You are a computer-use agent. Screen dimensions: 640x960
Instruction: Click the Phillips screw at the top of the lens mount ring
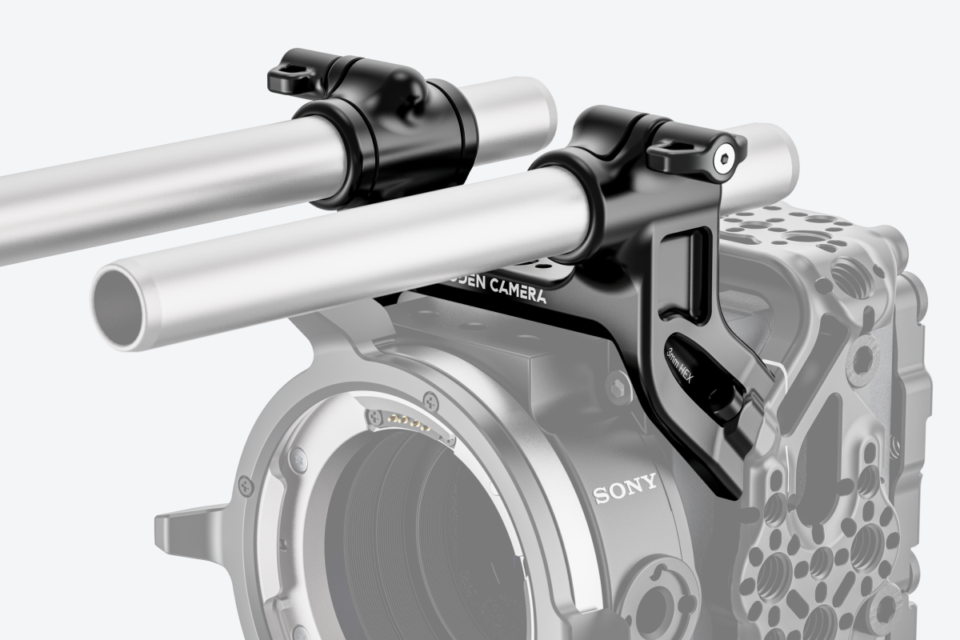click(x=431, y=398)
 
